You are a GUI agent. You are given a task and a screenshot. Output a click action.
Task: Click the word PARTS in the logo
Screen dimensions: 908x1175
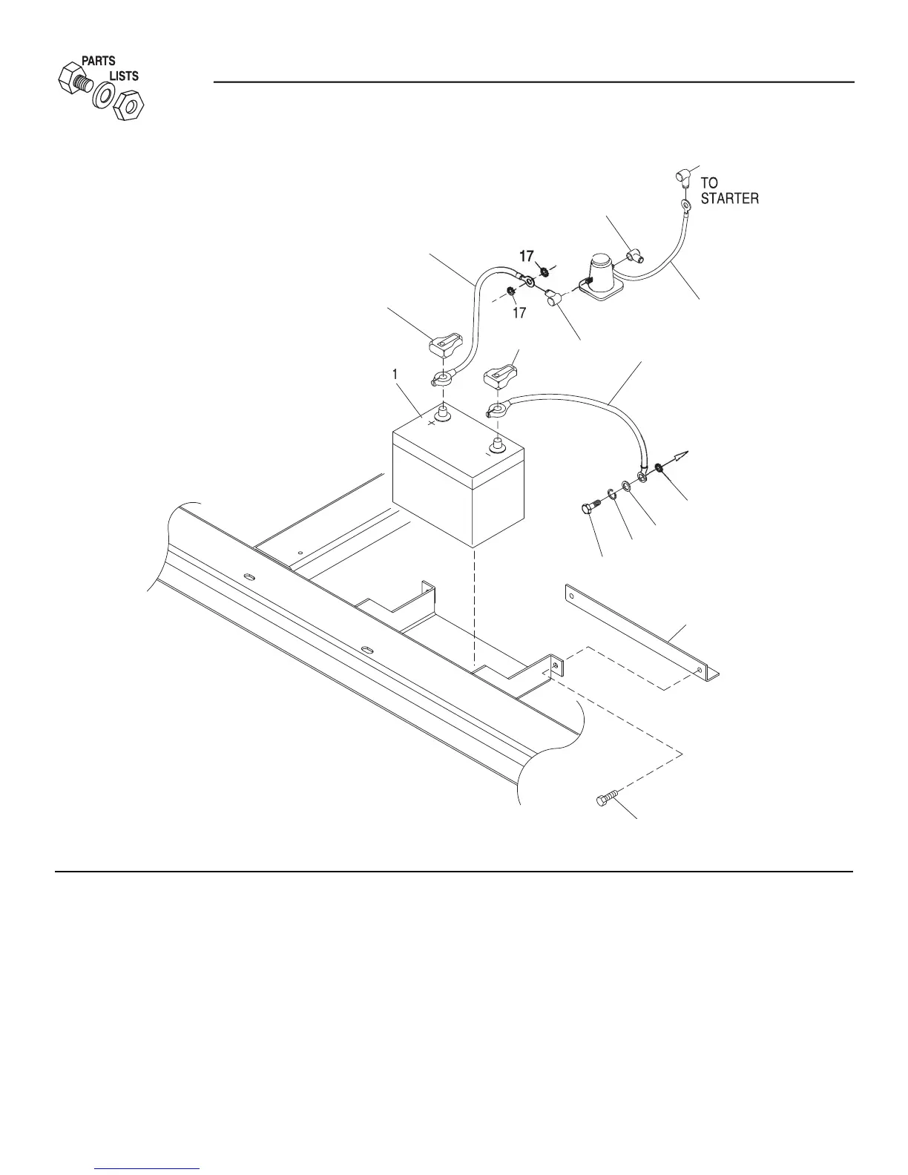(x=98, y=62)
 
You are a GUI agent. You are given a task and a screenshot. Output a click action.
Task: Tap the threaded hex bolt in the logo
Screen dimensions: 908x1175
(x=73, y=80)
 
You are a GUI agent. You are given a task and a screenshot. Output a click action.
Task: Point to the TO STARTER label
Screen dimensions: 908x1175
(x=729, y=191)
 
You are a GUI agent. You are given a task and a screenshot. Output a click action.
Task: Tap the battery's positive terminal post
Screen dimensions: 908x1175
(x=443, y=412)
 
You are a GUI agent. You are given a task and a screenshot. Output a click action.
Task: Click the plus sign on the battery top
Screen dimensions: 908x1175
(x=431, y=424)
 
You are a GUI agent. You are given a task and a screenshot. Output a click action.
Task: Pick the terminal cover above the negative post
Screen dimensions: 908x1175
(x=501, y=376)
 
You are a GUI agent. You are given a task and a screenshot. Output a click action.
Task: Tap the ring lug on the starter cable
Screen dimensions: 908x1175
(x=686, y=204)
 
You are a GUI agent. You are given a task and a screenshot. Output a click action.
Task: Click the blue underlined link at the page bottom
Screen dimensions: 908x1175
(x=148, y=1170)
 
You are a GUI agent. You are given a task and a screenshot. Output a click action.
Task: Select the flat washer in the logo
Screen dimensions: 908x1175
(x=102, y=95)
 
